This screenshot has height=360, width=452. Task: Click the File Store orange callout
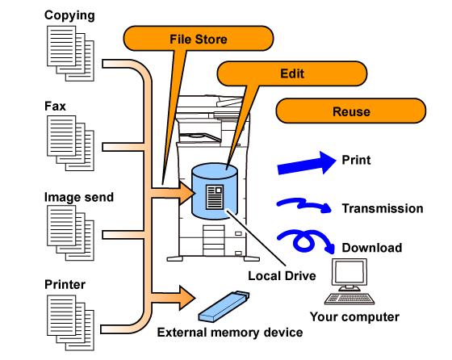click(x=199, y=39)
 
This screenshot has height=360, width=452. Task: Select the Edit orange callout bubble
click(x=291, y=73)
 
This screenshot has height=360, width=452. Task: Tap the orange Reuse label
click(x=351, y=111)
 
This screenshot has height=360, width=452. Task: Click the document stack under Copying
click(x=70, y=53)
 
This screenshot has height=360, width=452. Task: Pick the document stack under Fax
click(x=70, y=143)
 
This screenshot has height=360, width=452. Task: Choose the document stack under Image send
click(x=70, y=233)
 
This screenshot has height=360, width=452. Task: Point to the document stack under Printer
click(x=70, y=323)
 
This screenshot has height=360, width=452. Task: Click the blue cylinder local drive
click(x=215, y=191)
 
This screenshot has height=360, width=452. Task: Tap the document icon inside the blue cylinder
click(x=215, y=197)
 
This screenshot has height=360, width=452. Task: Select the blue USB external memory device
click(x=224, y=307)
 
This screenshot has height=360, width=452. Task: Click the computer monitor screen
click(x=349, y=271)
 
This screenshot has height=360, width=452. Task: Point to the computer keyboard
click(x=349, y=299)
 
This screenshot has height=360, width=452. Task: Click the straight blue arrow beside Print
click(x=307, y=164)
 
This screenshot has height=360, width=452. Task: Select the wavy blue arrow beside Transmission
click(x=303, y=205)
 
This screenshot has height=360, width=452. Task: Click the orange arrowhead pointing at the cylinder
click(x=186, y=193)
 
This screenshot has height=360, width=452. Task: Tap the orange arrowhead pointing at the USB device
click(x=186, y=298)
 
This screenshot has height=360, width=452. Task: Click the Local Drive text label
click(x=282, y=276)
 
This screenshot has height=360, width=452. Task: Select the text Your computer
click(x=354, y=317)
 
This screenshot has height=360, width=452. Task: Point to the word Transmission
click(x=383, y=208)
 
